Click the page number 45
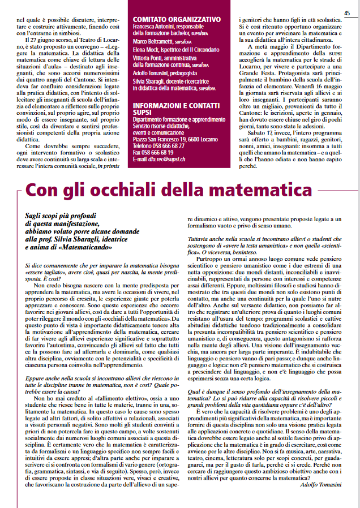pos(347,13)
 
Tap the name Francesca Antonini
pos(152,27)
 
